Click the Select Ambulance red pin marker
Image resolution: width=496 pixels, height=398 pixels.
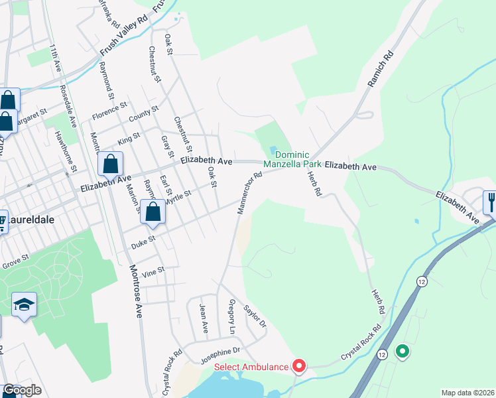coord(298,366)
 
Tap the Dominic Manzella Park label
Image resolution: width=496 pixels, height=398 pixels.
coord(292,158)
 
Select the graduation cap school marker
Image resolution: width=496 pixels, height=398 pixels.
coord(25,305)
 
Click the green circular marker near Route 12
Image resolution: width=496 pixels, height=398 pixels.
coord(401,352)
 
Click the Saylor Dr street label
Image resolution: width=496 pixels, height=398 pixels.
coord(255,316)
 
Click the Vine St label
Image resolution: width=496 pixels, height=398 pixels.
coord(153,271)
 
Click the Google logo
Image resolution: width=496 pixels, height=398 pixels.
coord(22,391)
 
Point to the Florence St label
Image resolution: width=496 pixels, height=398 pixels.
coord(109,108)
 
